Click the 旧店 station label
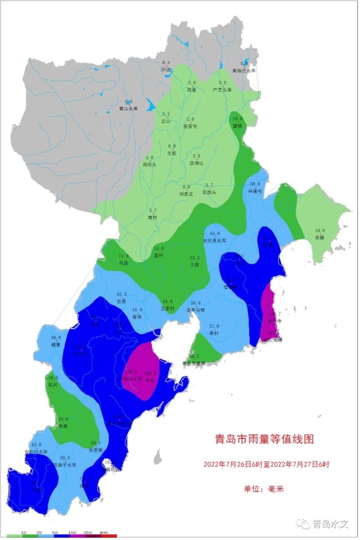[x=166, y=70]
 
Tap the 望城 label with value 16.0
[x=237, y=126]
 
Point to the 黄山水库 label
[x=128, y=109]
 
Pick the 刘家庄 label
[x=186, y=193]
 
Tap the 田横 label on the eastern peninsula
[x=320, y=237]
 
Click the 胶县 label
[x=121, y=301]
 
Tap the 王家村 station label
[x=168, y=309]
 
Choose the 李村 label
[x=214, y=334]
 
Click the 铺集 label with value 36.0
[x=56, y=344]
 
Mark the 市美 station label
[x=63, y=426]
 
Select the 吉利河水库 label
[x=36, y=452]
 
